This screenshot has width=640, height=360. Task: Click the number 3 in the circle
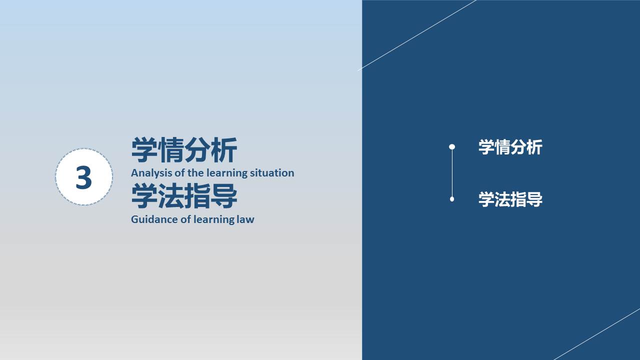click(x=83, y=177)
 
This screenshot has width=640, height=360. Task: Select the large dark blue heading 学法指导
click(x=184, y=196)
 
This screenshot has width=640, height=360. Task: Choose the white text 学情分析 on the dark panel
click(x=510, y=147)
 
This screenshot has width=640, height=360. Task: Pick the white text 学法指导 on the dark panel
click(x=510, y=199)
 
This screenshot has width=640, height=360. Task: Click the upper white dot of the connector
click(x=452, y=147)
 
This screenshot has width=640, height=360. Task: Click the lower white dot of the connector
click(x=452, y=199)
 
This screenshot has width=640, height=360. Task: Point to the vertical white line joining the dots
click(x=452, y=173)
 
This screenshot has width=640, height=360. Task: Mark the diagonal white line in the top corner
click(x=417, y=35)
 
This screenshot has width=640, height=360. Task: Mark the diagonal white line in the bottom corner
click(x=597, y=334)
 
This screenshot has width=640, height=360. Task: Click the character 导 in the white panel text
click(x=534, y=199)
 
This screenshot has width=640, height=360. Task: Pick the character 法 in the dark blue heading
click(x=171, y=196)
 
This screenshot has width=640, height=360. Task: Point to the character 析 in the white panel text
click(x=534, y=147)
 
